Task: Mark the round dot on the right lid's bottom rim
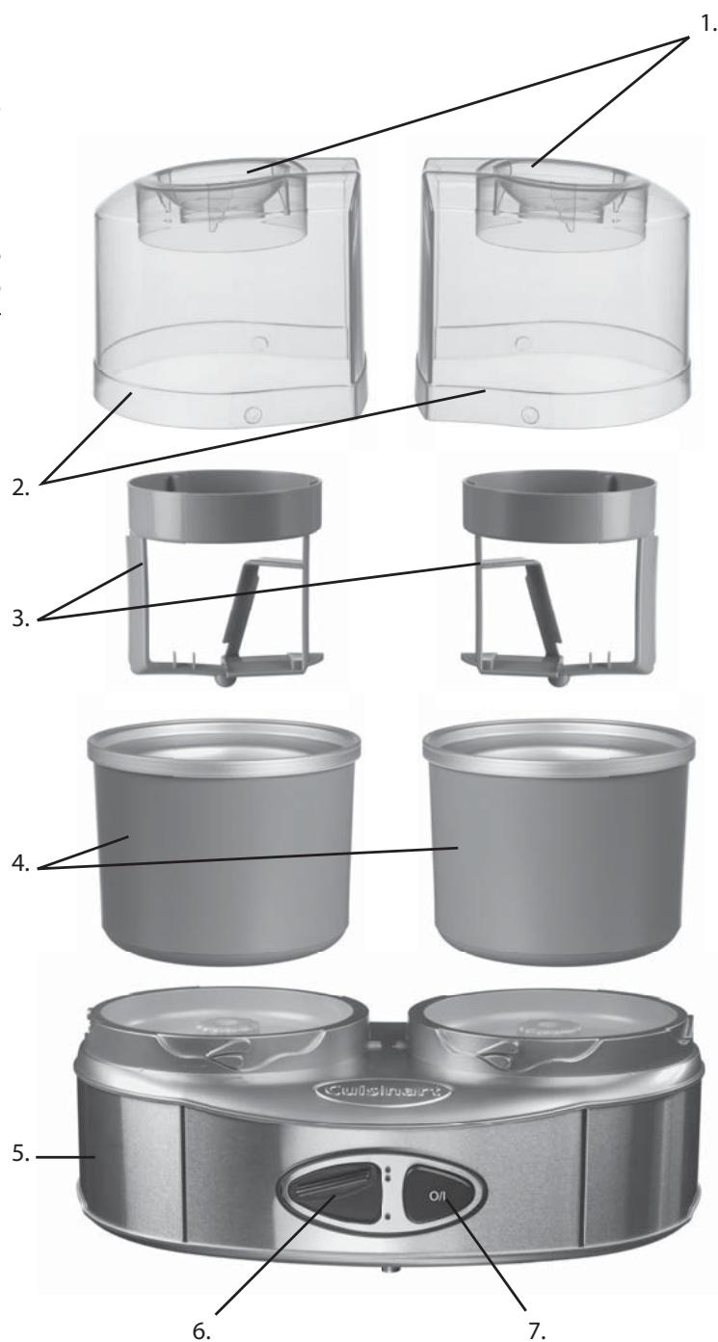[526, 414]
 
